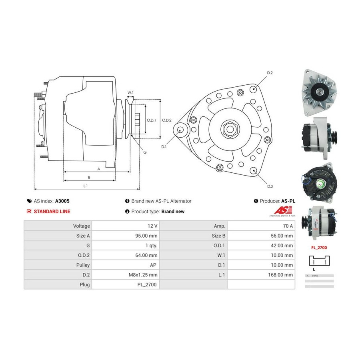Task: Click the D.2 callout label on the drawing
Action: click(x=270, y=73)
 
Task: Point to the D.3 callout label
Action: click(x=270, y=186)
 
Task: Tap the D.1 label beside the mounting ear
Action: click(x=164, y=147)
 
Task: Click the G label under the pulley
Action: click(x=145, y=152)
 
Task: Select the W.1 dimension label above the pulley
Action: click(x=130, y=93)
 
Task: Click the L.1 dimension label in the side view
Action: click(x=86, y=186)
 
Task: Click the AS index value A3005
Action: click(x=62, y=201)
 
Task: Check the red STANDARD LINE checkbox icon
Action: click(x=29, y=212)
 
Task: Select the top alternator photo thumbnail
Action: click(x=318, y=92)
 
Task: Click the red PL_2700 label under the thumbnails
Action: click(x=319, y=248)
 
